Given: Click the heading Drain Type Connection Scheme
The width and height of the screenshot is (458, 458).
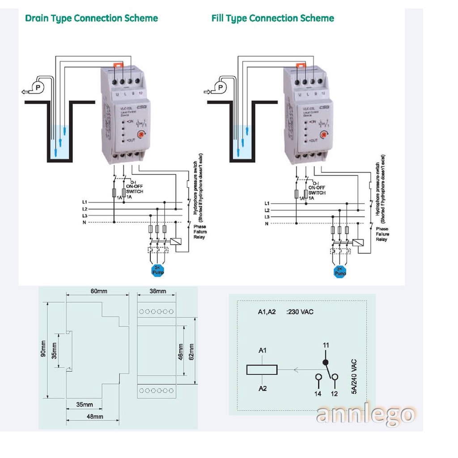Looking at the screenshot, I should (91, 18).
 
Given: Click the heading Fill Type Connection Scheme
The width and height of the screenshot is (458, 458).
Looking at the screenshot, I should (272, 18).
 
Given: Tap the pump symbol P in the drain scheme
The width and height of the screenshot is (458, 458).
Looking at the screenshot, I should (38, 86).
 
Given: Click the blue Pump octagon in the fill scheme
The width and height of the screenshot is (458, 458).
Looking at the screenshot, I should (340, 271).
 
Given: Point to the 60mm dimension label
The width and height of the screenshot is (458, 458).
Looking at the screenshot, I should (99, 291).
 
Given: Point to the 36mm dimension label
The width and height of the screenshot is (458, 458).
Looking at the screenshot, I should (157, 291).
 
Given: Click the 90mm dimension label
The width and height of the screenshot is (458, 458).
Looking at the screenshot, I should (43, 351).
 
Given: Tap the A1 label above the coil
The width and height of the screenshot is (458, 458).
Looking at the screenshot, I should (263, 351).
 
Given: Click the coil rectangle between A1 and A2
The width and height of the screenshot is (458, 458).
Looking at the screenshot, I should (262, 369).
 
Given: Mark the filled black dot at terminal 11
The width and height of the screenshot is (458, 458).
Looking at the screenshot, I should (326, 362).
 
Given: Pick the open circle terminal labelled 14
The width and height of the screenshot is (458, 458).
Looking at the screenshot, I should (318, 378).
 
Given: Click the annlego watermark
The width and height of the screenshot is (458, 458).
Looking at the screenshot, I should (364, 414).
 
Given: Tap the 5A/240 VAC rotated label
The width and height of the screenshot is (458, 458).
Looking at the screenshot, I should (354, 376).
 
